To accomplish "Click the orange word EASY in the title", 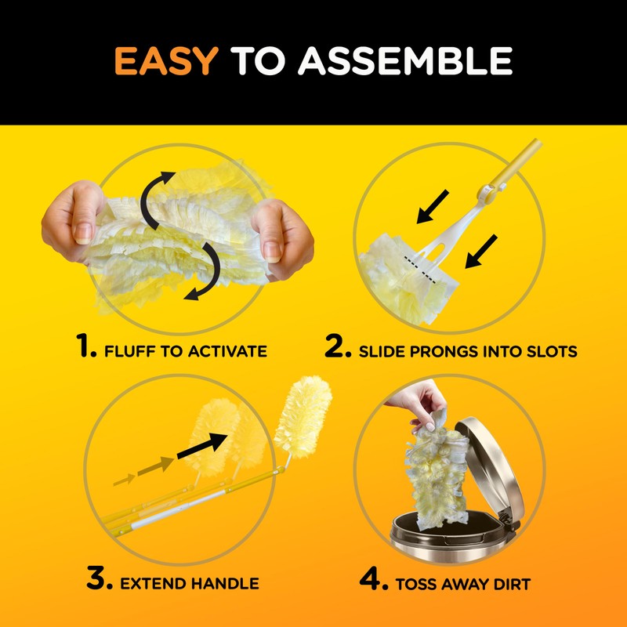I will point(165,62).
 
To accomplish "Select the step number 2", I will point(338,347).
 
